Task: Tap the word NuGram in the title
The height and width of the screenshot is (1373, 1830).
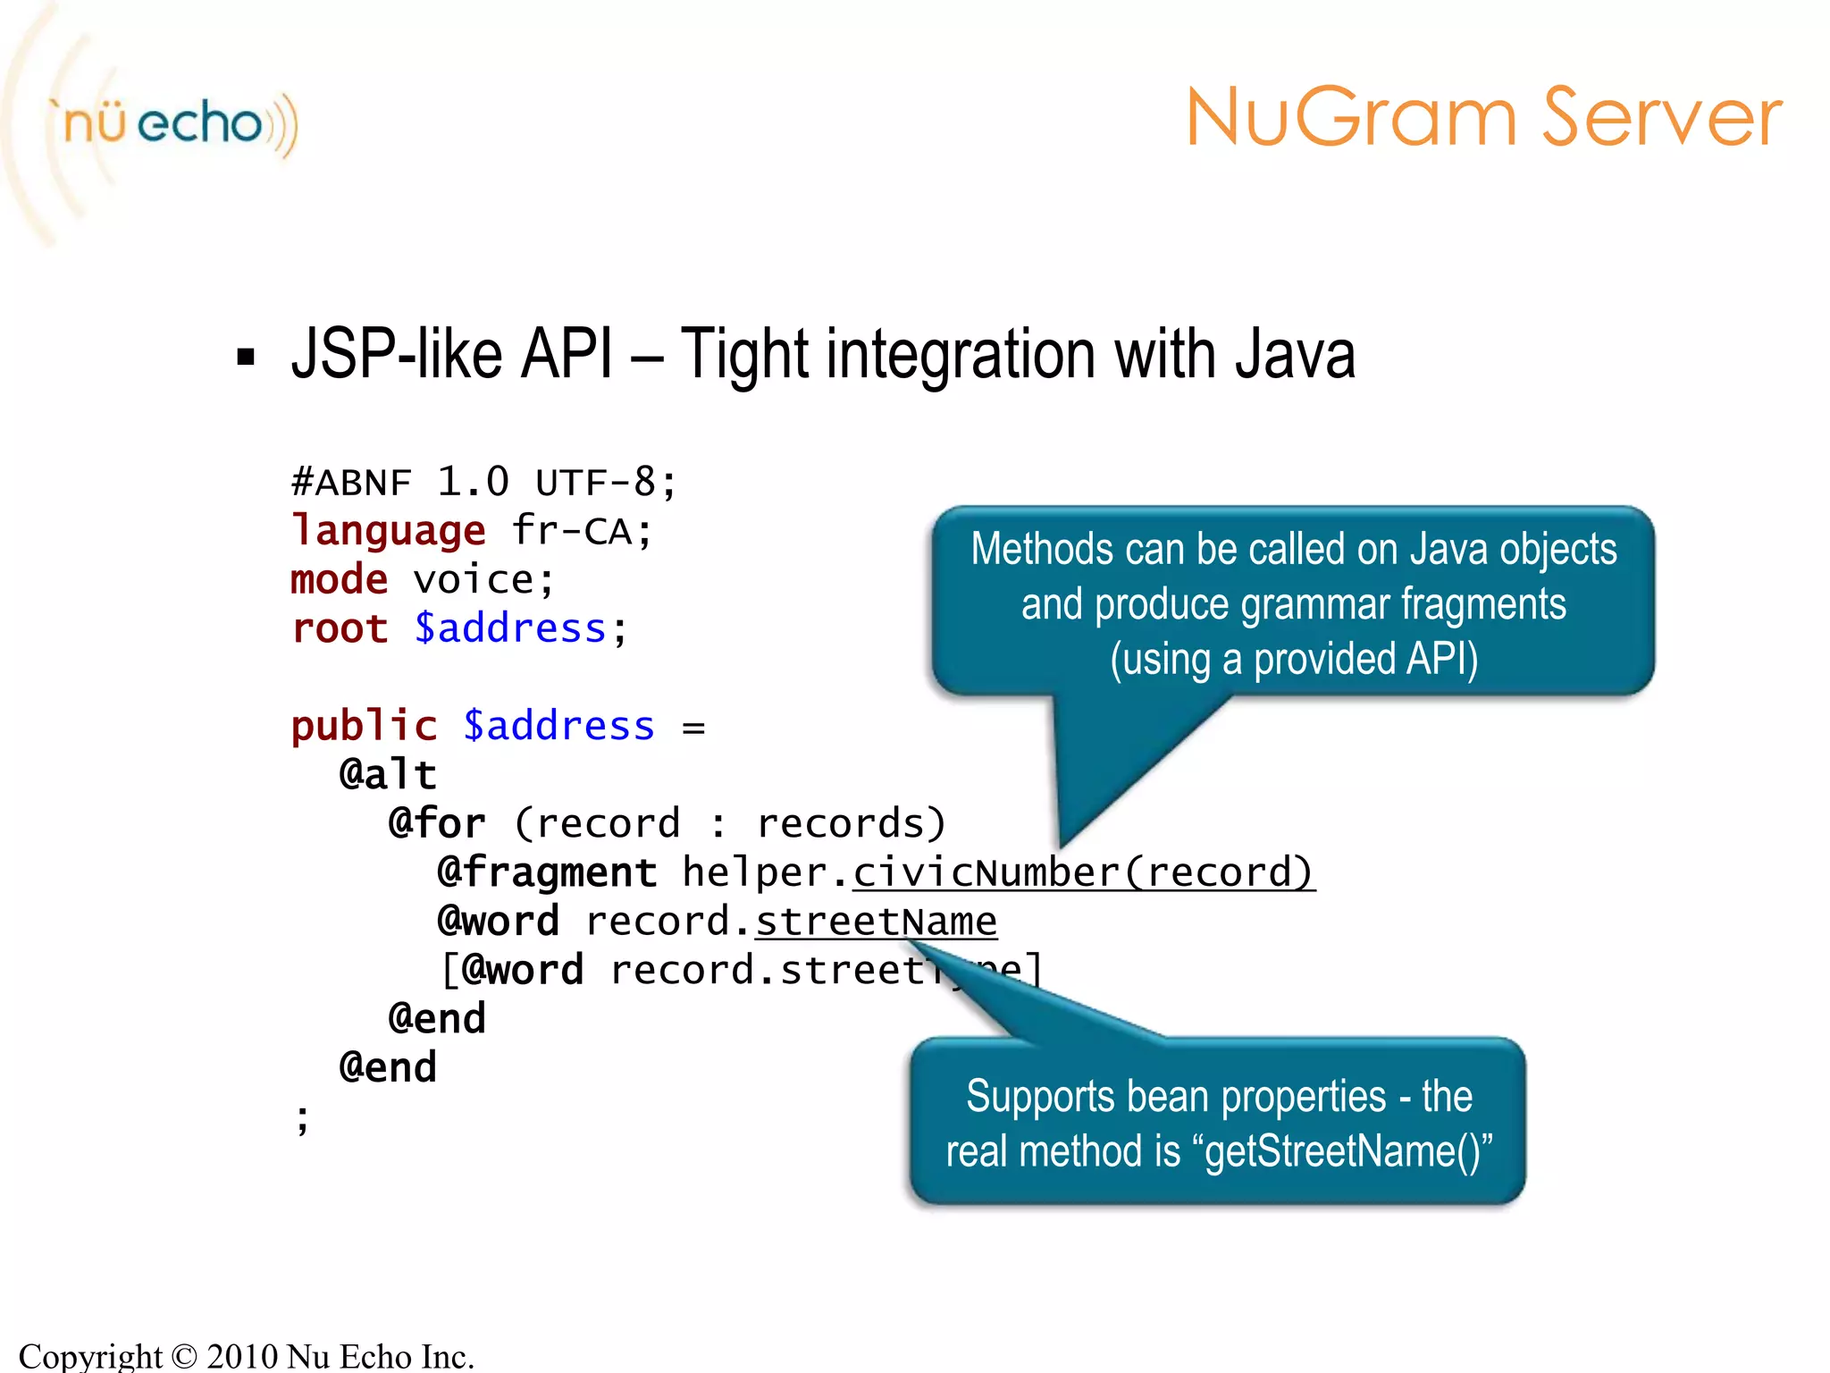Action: pos(1351,118)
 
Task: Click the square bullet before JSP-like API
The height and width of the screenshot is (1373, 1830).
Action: pos(246,358)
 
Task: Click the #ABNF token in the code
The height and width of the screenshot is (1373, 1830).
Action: pos(351,483)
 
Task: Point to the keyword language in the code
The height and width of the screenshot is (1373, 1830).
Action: pos(389,531)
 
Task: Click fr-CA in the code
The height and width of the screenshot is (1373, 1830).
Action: pos(581,531)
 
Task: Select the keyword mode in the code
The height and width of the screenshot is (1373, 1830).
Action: pos(340,580)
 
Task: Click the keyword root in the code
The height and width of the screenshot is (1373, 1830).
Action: pos(340,628)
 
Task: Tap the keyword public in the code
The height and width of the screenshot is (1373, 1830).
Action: pos(364,726)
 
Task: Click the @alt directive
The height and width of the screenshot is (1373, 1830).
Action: pos(388,774)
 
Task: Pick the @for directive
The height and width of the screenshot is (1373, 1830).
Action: pos(437,823)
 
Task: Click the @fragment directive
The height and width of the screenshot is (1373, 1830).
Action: pos(547,872)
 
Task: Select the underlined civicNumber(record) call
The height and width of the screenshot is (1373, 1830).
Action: pos(1083,872)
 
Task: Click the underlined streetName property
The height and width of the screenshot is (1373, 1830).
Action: pos(876,922)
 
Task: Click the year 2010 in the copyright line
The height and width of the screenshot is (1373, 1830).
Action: pos(241,1356)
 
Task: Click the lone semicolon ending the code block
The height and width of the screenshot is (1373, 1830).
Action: pos(303,1118)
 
